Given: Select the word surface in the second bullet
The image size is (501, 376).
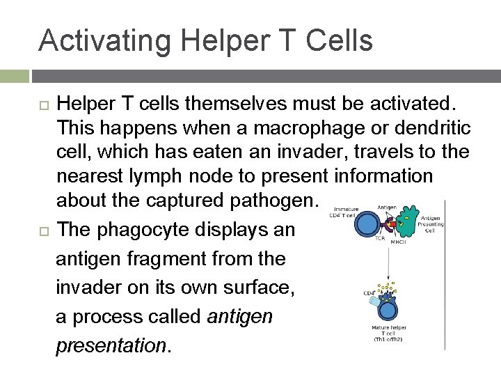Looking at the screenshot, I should (247, 287).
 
